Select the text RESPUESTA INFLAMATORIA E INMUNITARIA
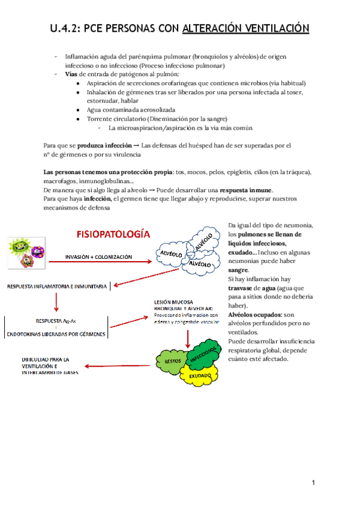56,286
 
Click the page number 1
313,483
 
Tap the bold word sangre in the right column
238,270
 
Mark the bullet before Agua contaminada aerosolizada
80,110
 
